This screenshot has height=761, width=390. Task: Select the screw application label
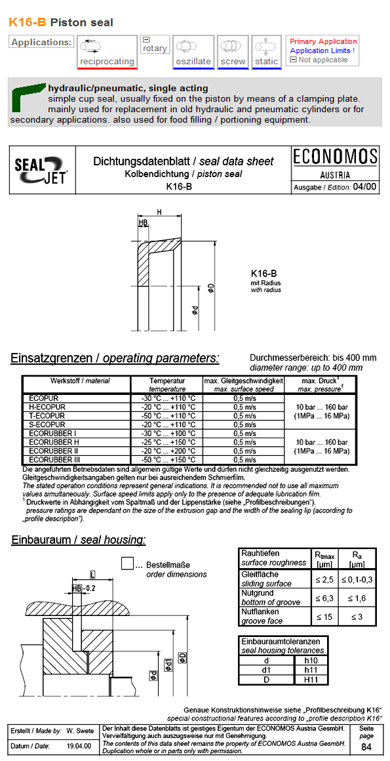(233, 62)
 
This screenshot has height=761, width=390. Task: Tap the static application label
(266, 62)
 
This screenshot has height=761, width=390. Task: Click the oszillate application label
(193, 62)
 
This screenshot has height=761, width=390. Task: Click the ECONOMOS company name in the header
(335, 157)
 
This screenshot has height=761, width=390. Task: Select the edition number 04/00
(364, 187)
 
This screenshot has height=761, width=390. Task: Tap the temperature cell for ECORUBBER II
(168, 451)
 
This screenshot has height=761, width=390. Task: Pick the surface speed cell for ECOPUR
(244, 398)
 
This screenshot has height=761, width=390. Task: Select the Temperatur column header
(167, 380)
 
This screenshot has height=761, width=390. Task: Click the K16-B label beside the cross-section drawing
(263, 274)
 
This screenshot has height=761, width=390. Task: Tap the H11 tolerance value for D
(311, 680)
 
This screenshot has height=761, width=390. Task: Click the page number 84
(366, 747)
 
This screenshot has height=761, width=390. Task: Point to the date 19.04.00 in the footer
(79, 747)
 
